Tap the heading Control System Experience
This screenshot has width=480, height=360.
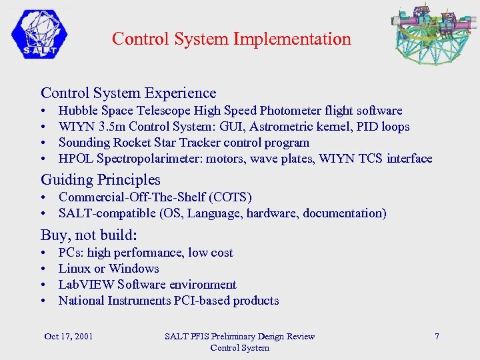pyautogui.click(x=129, y=93)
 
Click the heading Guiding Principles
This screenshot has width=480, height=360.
pyautogui.click(x=101, y=179)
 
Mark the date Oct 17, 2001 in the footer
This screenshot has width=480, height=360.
pyautogui.click(x=69, y=336)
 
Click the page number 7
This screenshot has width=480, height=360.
pyautogui.click(x=437, y=336)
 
